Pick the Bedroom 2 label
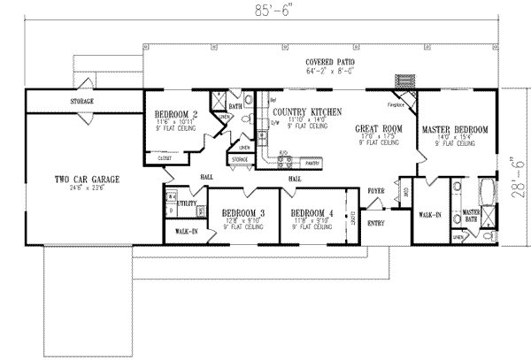[174, 113]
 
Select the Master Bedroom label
[454, 130]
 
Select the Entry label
[376, 222]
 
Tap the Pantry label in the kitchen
[311, 164]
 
